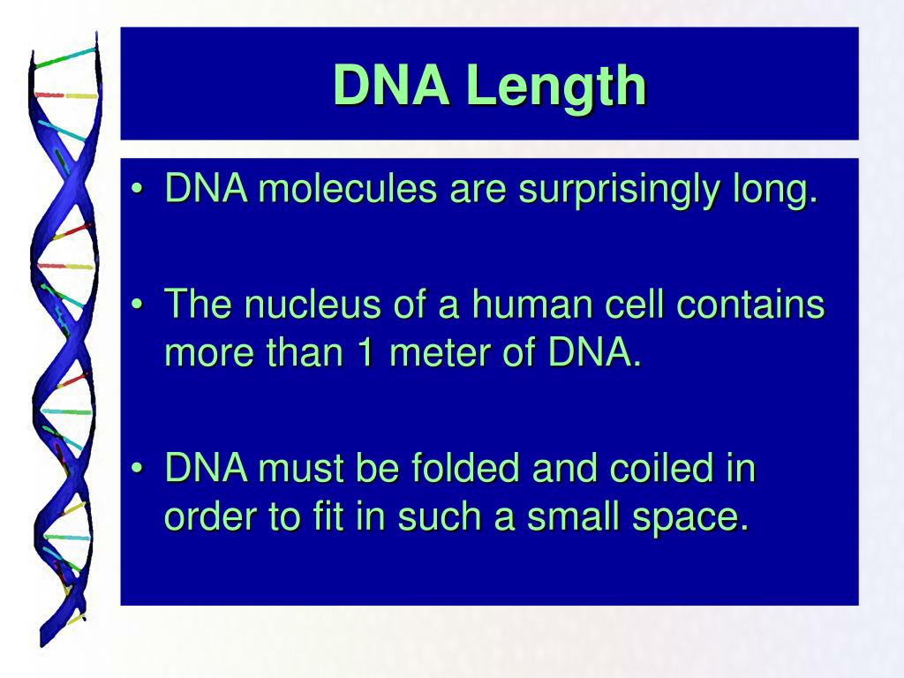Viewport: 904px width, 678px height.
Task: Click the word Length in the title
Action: click(x=557, y=87)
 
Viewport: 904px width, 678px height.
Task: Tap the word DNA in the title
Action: click(x=391, y=85)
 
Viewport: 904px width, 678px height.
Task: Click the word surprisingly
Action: click(x=619, y=192)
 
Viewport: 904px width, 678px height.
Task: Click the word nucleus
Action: click(x=312, y=304)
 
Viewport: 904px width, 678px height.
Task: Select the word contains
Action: click(x=750, y=304)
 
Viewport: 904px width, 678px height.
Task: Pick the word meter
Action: click(x=440, y=353)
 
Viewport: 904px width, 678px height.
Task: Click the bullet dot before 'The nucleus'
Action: click(x=137, y=304)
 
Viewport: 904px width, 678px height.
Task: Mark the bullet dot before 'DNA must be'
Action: click(x=137, y=468)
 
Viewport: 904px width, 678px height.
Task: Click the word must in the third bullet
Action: click(x=301, y=468)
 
